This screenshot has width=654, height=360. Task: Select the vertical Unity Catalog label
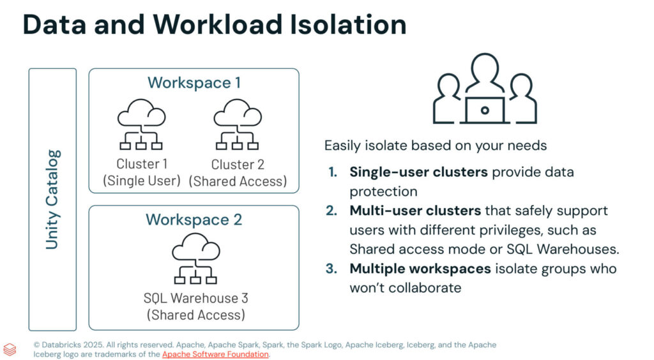click(x=52, y=199)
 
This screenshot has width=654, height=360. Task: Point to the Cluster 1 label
click(x=142, y=165)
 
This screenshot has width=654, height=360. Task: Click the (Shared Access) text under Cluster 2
click(x=237, y=181)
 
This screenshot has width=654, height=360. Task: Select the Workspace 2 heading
click(x=194, y=220)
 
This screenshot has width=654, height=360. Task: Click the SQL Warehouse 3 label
click(x=195, y=298)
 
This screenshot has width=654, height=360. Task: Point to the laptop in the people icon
click(x=485, y=110)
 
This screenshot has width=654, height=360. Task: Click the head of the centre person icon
click(x=485, y=67)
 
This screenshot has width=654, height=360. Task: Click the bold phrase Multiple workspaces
click(x=420, y=268)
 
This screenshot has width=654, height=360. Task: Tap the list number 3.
click(x=331, y=268)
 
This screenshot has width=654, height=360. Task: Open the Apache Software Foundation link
click(x=215, y=354)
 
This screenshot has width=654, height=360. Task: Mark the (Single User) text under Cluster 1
click(x=142, y=181)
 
